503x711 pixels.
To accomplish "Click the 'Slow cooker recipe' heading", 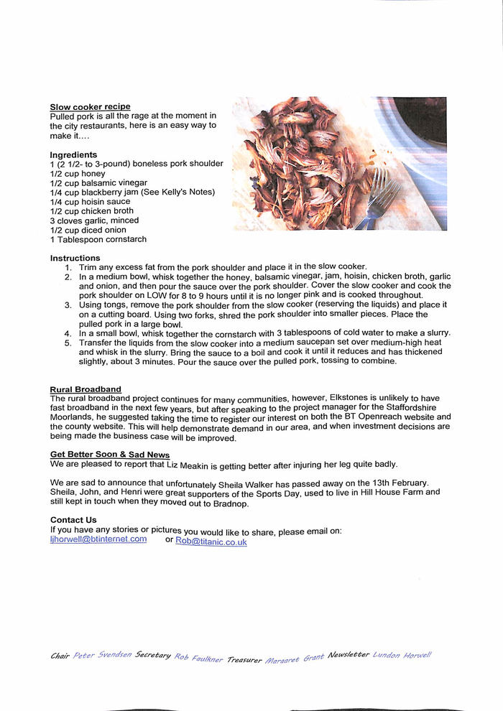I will click(90, 107).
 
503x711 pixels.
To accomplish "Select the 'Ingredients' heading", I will click(73, 155).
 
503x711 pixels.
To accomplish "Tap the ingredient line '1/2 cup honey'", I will click(78, 174).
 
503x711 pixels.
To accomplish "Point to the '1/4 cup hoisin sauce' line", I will click(90, 202).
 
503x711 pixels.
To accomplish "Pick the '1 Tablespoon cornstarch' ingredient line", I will click(98, 239).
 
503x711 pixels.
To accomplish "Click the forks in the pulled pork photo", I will click(377, 197).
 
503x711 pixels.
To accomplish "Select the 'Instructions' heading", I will click(75, 259).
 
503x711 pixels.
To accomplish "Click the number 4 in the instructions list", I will click(68, 333).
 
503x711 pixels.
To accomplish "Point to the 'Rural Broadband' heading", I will click(86, 390).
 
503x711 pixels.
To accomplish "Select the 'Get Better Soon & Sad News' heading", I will click(110, 455).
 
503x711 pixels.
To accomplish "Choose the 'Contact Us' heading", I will click(73, 520).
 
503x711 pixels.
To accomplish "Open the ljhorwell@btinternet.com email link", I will click(98, 539).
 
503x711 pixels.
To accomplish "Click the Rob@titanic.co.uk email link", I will click(211, 542).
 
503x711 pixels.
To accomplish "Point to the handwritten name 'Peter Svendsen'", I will click(102, 655).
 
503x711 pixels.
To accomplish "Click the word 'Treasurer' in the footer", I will click(244, 659).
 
